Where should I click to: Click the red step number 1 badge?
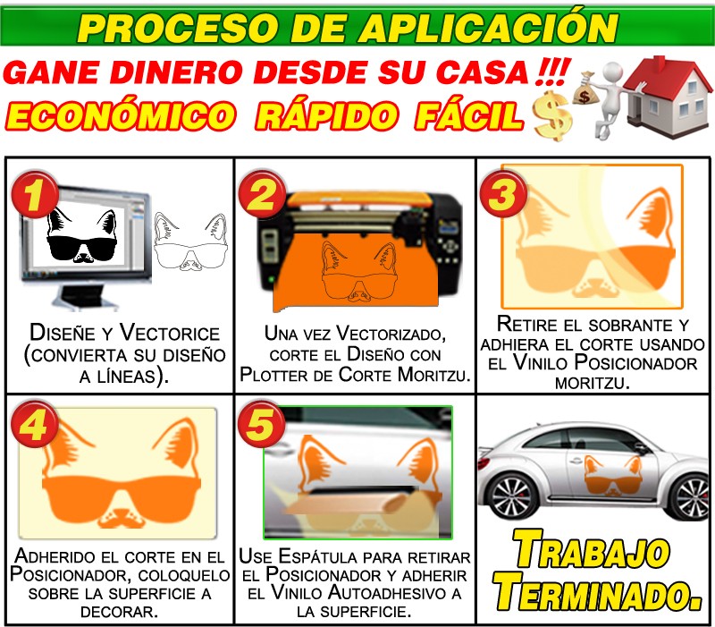35,195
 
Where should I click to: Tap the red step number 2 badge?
262,195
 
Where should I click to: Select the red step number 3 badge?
503,193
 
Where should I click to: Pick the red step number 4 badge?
35,424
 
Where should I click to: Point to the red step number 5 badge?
261,424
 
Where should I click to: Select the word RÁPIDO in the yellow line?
326,115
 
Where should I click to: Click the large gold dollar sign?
552,115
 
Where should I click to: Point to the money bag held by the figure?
585,89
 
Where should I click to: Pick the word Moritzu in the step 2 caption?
433,375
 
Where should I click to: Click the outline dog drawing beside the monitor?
190,241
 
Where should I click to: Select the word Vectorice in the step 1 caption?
170,333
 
